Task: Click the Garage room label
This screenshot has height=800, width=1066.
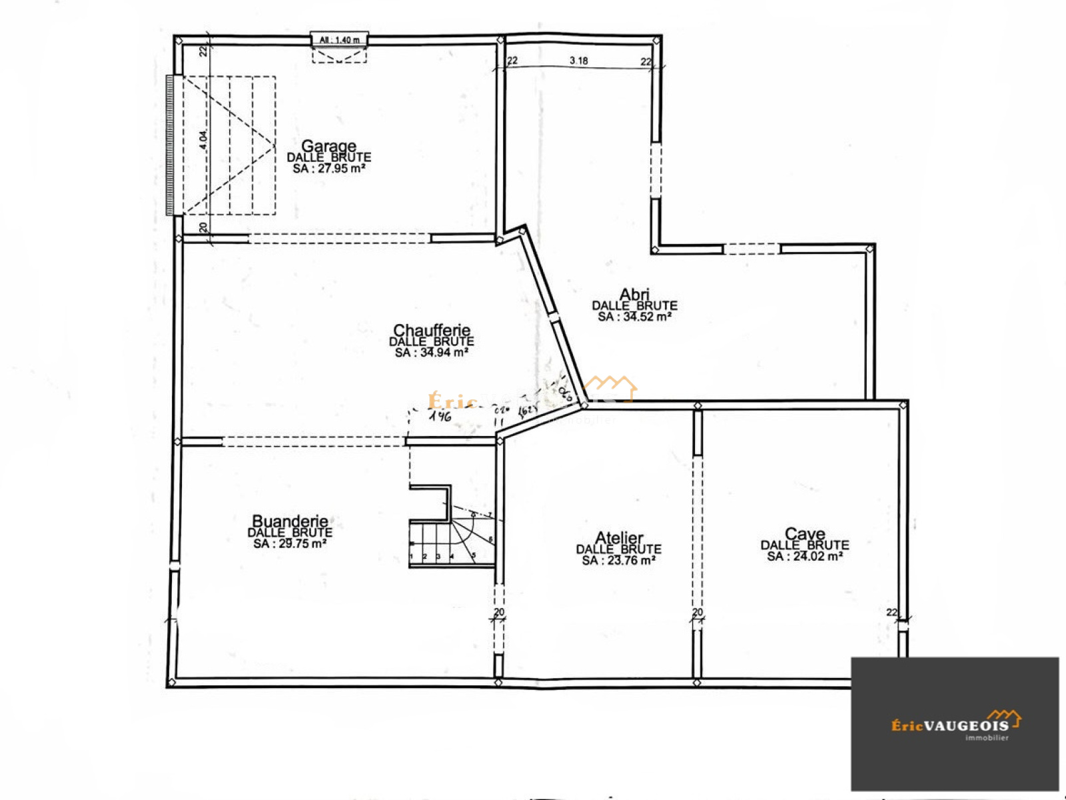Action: click(x=328, y=145)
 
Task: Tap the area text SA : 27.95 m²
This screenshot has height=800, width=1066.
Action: click(x=328, y=169)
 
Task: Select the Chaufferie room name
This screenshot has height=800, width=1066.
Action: click(x=432, y=330)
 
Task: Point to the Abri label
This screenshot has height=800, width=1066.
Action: click(x=634, y=294)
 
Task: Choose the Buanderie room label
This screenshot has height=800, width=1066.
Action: click(x=290, y=521)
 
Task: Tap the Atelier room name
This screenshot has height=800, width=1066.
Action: click(x=619, y=537)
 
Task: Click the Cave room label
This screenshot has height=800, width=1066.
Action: click(x=805, y=533)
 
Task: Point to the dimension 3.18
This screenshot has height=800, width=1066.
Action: click(x=578, y=61)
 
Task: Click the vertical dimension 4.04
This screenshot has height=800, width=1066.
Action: click(x=203, y=139)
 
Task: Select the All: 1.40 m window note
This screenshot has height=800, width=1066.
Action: click(x=339, y=40)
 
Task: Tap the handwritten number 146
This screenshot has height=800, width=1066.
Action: click(x=440, y=417)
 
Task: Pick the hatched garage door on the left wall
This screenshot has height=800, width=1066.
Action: click(x=170, y=145)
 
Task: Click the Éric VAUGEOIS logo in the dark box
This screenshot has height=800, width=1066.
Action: click(x=954, y=723)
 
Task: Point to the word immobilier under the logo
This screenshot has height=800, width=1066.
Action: click(x=986, y=738)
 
